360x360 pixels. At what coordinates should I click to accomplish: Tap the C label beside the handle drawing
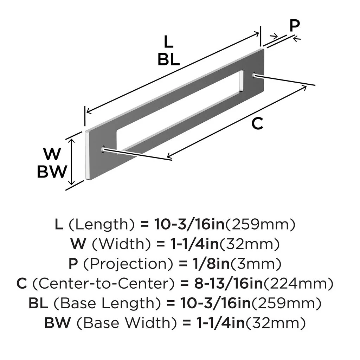point(258,124)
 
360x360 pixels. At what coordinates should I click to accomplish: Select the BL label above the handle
point(168,60)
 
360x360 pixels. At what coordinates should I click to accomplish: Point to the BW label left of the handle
point(52,172)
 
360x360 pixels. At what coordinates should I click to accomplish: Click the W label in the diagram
point(52,154)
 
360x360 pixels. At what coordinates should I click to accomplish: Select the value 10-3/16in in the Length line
point(189,224)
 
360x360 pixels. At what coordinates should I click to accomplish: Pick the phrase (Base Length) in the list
point(115,303)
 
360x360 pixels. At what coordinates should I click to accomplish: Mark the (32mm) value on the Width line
point(260,244)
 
